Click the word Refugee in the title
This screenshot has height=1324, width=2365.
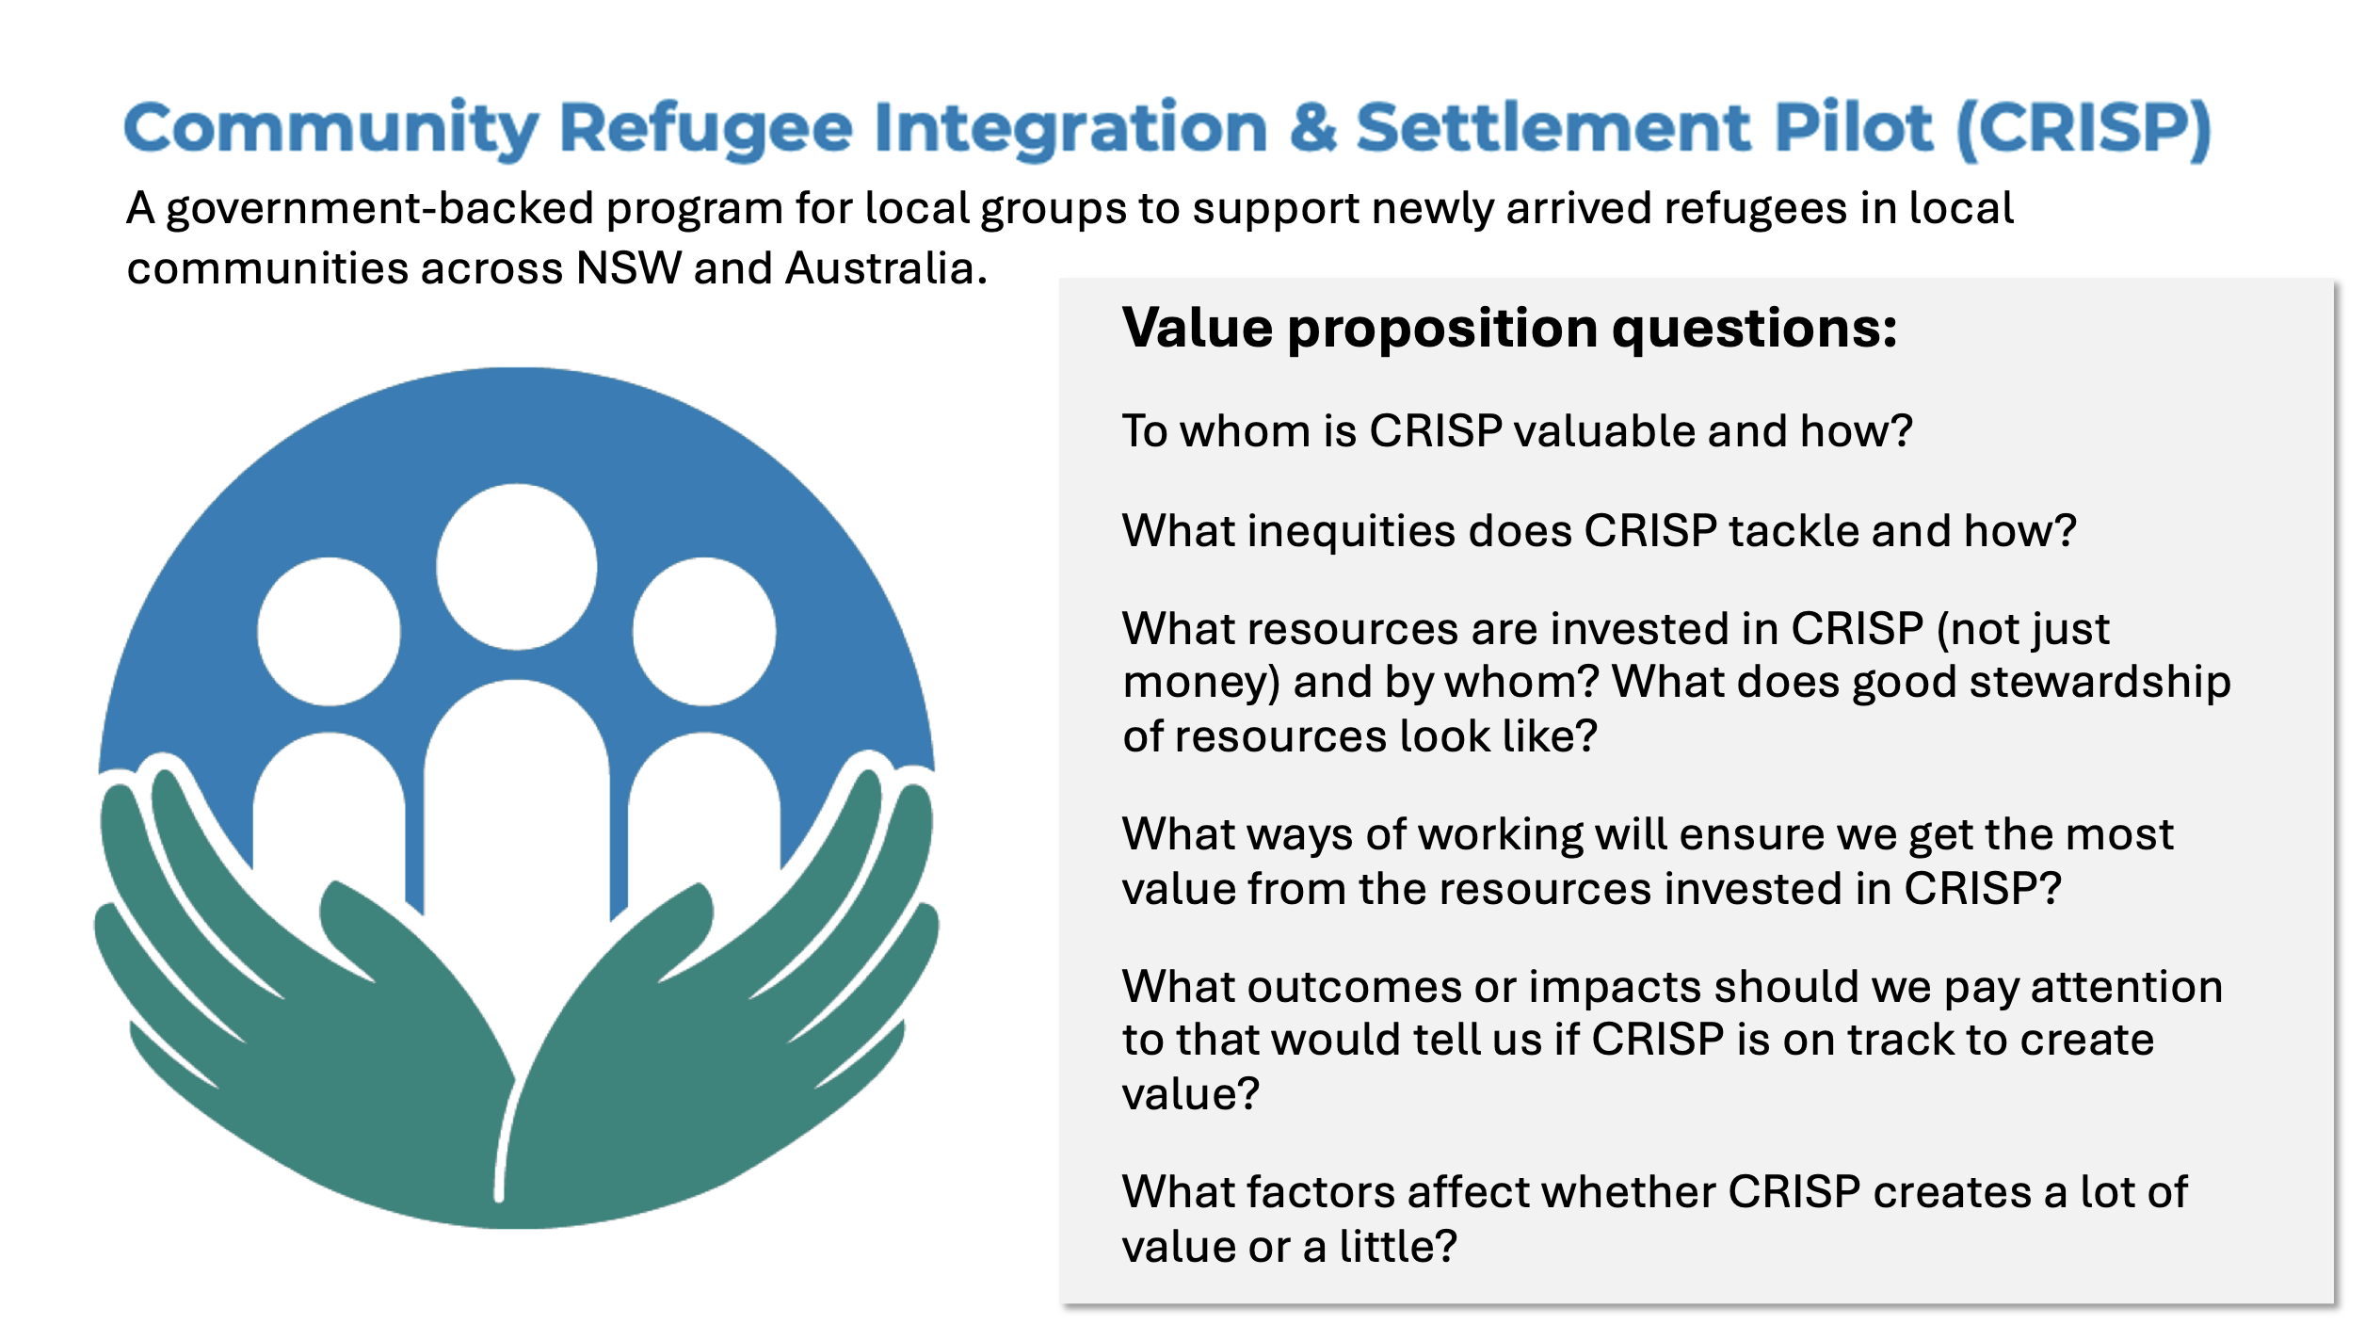706,130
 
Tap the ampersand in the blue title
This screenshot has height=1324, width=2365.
1312,127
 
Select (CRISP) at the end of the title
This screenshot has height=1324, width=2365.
2083,129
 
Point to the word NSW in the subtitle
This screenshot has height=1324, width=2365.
628,267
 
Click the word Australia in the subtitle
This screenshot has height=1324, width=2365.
886,267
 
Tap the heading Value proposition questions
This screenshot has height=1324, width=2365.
1509,329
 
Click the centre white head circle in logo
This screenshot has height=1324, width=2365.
516,567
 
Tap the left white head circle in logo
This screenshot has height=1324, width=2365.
329,631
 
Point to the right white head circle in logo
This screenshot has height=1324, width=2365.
704,631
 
